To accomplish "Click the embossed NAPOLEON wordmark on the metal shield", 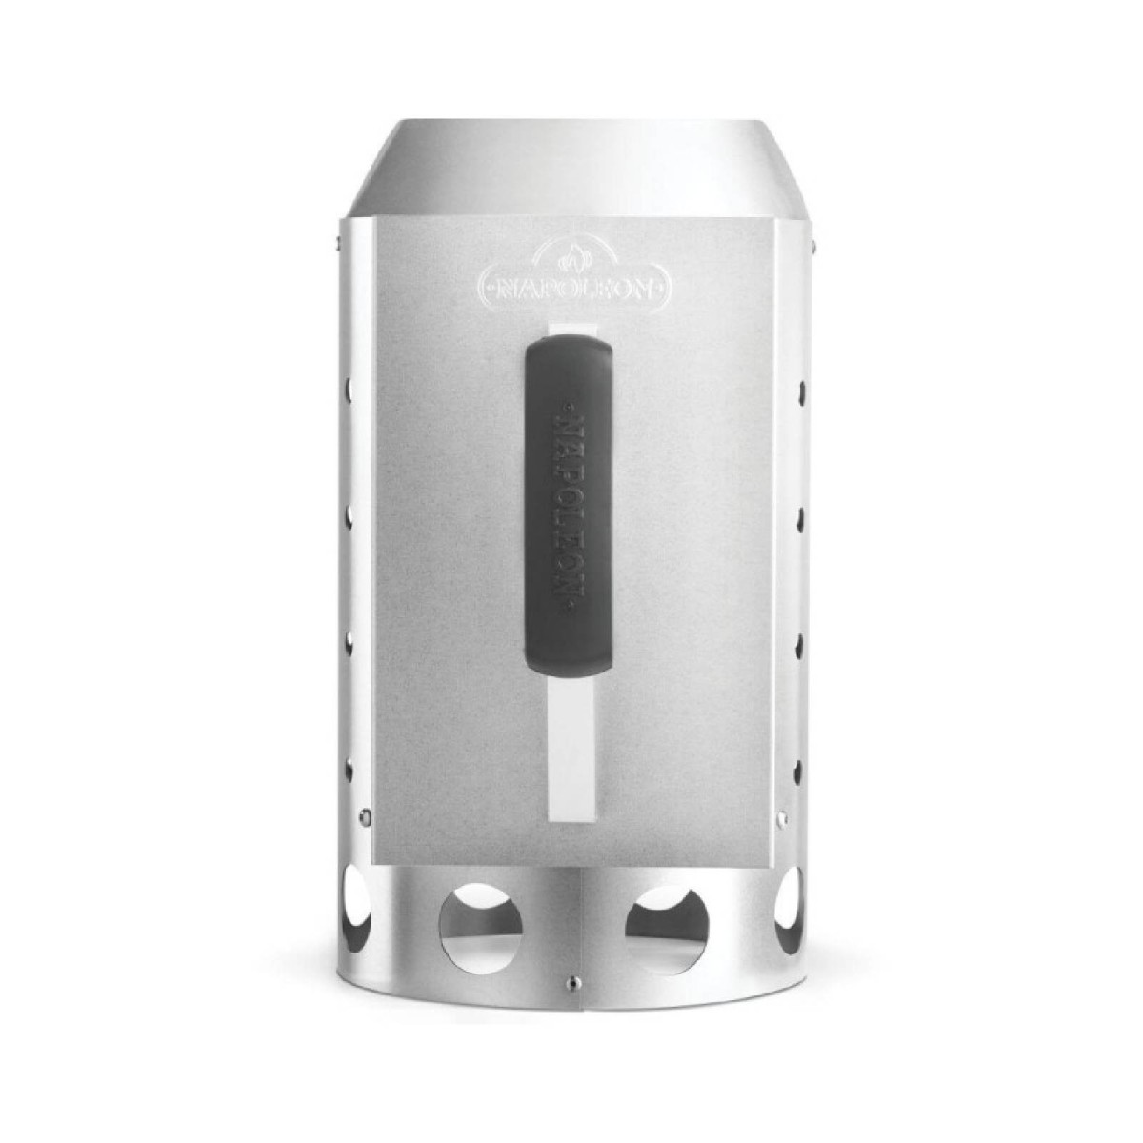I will (x=573, y=283).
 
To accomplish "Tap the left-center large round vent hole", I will (x=480, y=928).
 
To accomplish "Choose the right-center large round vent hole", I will (x=666, y=928).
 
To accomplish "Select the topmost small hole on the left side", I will (x=350, y=390).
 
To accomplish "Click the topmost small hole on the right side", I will (x=802, y=390).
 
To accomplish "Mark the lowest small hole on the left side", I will (x=350, y=768).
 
